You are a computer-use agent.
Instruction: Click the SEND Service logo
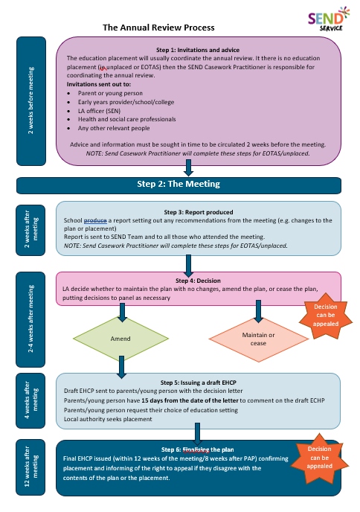325,20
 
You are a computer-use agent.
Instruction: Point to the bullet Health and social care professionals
131,119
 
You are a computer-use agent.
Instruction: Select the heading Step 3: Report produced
199,211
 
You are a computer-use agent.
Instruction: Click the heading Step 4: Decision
199,281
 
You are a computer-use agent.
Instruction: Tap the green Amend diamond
120,339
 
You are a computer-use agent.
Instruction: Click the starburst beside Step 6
318,456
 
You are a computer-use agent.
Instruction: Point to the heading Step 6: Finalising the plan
199,450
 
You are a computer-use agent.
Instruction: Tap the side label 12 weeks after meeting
30,467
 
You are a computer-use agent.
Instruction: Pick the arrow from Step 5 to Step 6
199,432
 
